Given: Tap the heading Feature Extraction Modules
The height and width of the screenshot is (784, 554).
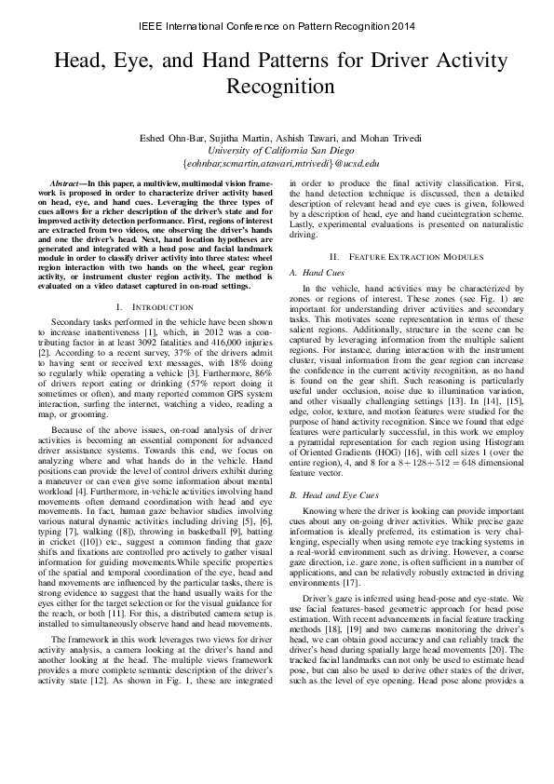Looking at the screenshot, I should click(x=401, y=255).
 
